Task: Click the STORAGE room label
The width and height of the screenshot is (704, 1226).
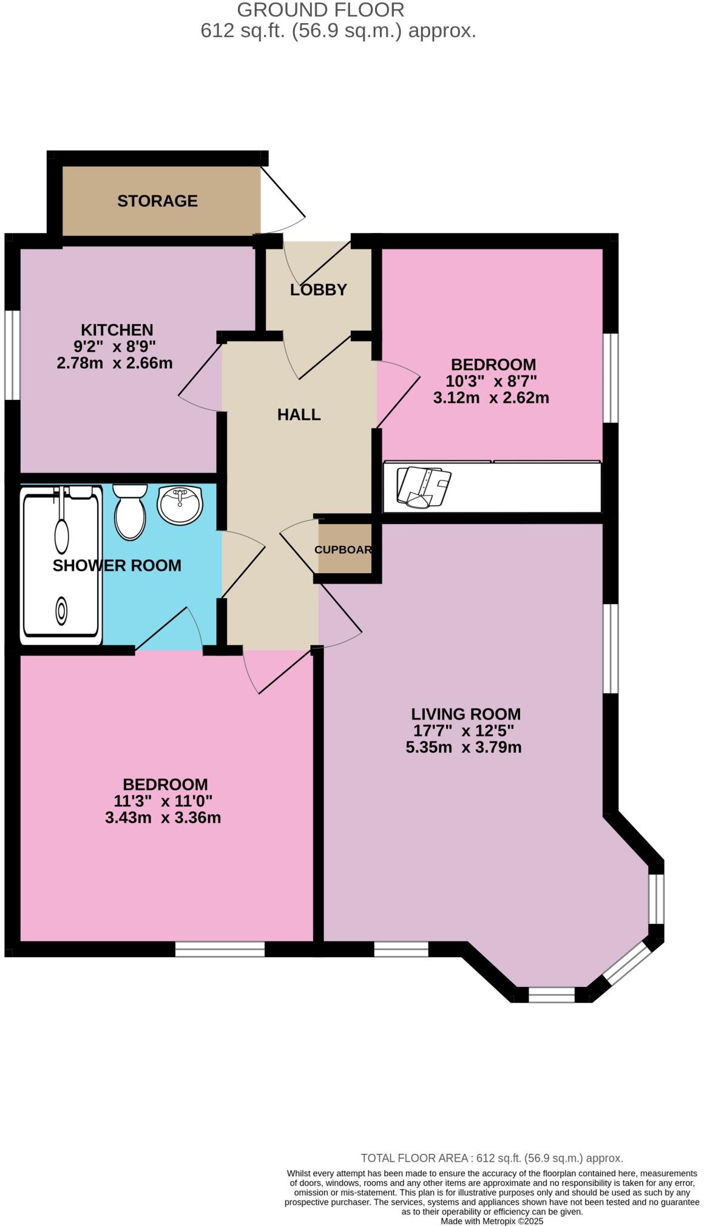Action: coord(157,201)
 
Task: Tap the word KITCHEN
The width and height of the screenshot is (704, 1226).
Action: coord(117,330)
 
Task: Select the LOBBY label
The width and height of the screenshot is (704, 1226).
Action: coord(318,290)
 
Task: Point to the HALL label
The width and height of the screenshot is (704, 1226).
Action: coord(299,415)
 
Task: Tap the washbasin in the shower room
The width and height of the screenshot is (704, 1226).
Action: coord(180,504)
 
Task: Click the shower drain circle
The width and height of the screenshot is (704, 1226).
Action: coord(61,611)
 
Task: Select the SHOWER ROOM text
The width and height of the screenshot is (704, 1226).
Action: coord(117,565)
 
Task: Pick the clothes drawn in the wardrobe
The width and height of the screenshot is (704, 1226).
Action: coord(422,487)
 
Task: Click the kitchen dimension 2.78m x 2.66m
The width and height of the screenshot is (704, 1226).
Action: coord(115,363)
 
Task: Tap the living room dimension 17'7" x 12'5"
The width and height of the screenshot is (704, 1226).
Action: coord(464,730)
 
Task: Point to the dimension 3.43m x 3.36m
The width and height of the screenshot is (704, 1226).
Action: coord(163,818)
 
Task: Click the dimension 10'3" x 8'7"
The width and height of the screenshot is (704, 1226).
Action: coord(492,382)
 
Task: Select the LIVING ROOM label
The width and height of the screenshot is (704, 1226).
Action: coord(465,714)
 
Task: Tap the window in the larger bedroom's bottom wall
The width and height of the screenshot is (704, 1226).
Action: coord(220,949)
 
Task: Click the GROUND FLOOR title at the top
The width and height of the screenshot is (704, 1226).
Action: coord(320,10)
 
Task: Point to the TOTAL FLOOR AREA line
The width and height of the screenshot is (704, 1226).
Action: coord(492,1158)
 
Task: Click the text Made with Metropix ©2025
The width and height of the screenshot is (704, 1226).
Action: coord(492,1221)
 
